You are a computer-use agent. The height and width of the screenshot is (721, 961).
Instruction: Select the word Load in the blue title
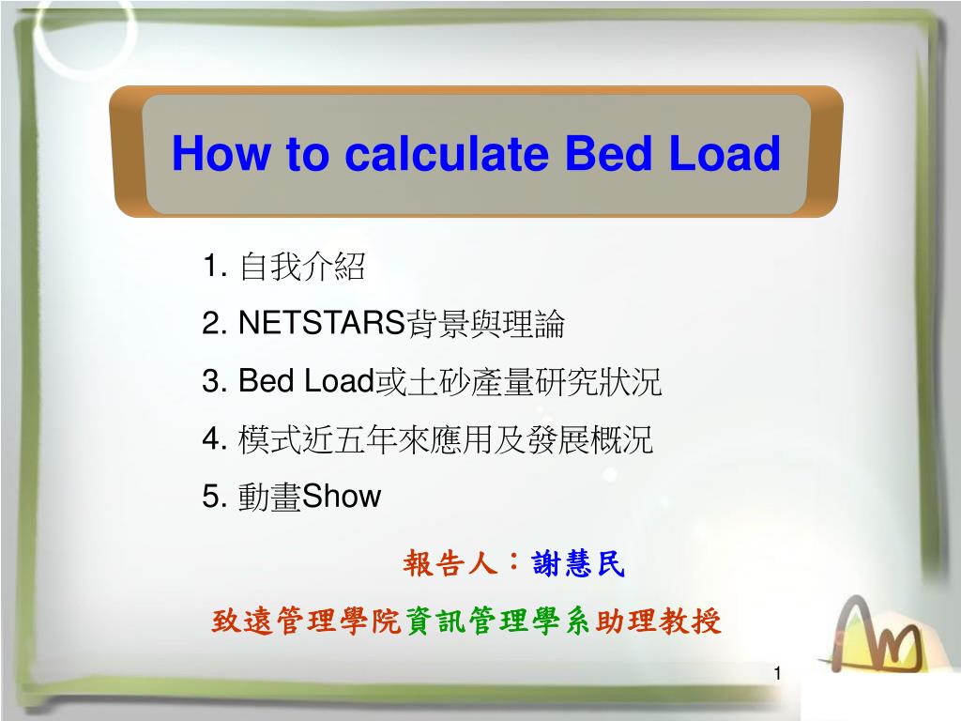pos(725,154)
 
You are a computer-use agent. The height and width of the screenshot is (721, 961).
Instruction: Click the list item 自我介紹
pos(302,268)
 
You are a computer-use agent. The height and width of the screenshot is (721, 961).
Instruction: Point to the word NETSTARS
pos(320,325)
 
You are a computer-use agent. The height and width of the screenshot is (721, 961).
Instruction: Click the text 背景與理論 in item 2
pos(484,325)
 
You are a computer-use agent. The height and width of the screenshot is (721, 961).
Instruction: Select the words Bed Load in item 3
pos(307,382)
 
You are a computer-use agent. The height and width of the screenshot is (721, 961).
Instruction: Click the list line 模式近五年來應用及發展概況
pos(446,439)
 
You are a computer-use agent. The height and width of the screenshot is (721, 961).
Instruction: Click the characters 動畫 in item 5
pos(269,496)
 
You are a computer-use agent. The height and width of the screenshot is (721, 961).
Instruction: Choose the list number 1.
pos(213,268)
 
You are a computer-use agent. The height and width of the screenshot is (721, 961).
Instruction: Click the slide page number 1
pos(778,674)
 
